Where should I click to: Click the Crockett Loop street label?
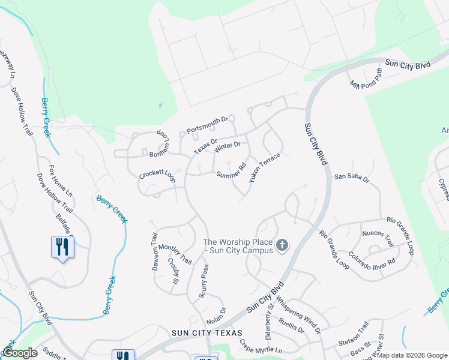(157, 175)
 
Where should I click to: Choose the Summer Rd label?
(232, 172)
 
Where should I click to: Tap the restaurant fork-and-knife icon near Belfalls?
(63, 247)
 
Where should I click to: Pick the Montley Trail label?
(174, 254)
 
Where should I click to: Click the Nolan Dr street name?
(215, 314)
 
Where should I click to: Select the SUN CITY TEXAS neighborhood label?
(206, 333)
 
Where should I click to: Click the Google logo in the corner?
(19, 353)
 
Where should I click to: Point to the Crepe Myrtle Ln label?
(261, 347)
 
